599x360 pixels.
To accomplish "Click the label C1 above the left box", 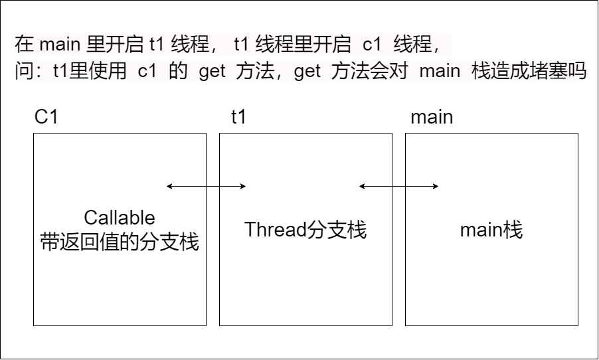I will click(x=46, y=118).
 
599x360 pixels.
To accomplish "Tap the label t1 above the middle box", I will click(x=238, y=118).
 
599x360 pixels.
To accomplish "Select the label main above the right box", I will click(x=432, y=118).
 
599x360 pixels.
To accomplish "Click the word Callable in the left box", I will click(x=120, y=217).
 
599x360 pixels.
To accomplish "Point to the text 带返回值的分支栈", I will click(x=120, y=241).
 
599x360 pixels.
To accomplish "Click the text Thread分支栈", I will click(x=305, y=230).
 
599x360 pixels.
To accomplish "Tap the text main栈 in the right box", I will click(x=491, y=230).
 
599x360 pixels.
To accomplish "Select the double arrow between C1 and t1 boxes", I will click(x=207, y=187).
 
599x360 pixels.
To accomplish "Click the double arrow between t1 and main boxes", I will click(x=398, y=187).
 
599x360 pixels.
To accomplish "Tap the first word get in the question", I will click(x=212, y=71).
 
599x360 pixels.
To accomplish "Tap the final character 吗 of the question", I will click(x=577, y=71).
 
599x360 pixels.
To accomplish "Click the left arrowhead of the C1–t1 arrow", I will click(x=169, y=187).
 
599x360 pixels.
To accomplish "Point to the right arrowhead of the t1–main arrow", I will click(x=436, y=187).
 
